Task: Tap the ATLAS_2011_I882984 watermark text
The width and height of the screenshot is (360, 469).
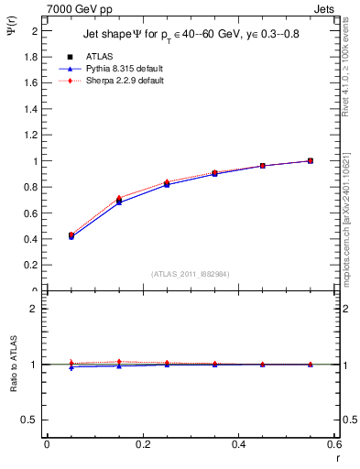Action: pos(191,274)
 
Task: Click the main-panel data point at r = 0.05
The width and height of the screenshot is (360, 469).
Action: pos(71,236)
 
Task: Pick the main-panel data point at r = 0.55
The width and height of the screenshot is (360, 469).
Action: pos(311,161)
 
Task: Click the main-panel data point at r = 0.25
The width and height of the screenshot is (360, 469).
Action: pos(167,183)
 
